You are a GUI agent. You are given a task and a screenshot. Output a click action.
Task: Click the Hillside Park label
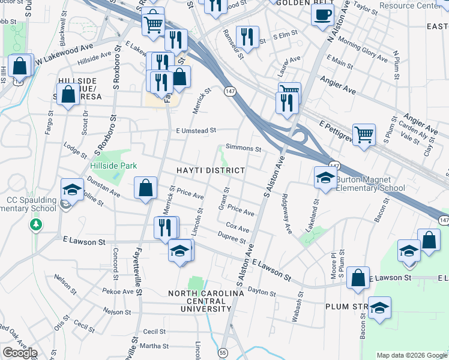click(x=113, y=166)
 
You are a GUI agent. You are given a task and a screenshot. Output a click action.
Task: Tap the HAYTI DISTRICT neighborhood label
click(x=211, y=170)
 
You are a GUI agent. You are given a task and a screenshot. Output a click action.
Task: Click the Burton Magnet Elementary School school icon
click(x=325, y=178)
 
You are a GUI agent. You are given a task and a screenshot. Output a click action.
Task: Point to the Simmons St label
click(x=243, y=148)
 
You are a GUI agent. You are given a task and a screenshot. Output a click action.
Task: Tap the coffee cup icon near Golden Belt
click(x=322, y=14)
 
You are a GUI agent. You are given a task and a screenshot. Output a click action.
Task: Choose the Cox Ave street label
click(x=238, y=229)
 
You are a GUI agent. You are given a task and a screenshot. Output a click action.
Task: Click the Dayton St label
click(x=261, y=292)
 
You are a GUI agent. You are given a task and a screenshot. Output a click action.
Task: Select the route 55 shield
click(x=223, y=352)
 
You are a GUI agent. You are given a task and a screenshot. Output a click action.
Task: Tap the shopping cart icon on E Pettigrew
click(x=364, y=135)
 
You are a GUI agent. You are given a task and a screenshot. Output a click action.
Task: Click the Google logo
click(x=20, y=353)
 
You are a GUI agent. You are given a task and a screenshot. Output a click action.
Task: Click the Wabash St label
click(x=296, y=307)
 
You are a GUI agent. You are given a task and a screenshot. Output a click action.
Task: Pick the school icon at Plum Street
click(x=379, y=308)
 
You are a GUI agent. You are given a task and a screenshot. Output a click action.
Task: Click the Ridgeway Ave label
click(x=287, y=214)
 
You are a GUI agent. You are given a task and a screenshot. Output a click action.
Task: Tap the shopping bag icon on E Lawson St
click(x=358, y=279)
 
